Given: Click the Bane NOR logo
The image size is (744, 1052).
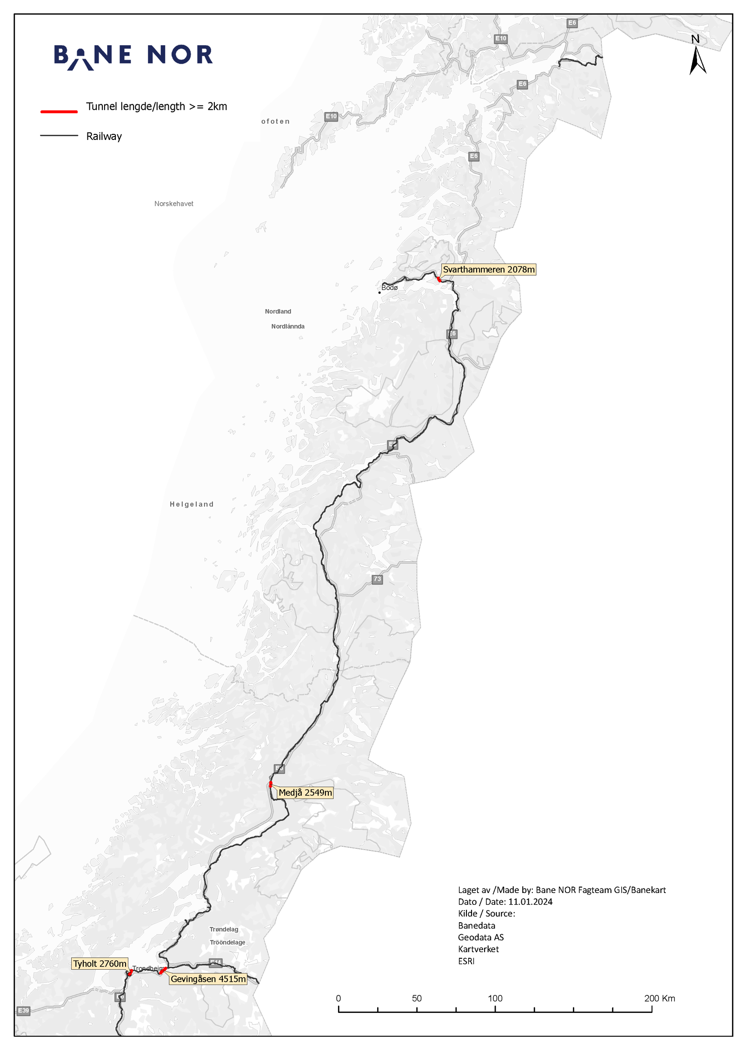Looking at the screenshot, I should (x=133, y=56).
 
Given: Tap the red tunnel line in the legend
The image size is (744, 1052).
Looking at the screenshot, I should (x=59, y=112).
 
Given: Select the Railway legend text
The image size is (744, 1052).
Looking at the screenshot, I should (x=104, y=136).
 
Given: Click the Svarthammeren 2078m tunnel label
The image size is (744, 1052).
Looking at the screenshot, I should (x=488, y=270).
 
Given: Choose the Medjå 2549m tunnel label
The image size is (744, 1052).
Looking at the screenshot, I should (x=305, y=793).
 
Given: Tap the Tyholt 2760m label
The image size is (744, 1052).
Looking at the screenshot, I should (x=100, y=964).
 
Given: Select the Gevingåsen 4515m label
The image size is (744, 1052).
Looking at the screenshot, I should (x=208, y=979).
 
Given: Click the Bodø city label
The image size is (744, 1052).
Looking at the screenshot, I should (x=389, y=288).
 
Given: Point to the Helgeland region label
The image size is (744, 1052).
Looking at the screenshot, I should (x=192, y=504).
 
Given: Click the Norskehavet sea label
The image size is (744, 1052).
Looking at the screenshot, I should (x=173, y=204).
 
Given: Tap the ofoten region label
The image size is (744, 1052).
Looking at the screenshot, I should (x=275, y=121).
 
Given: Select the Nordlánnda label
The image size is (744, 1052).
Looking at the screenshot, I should (x=288, y=326).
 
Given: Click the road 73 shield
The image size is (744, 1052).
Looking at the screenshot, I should (x=377, y=579).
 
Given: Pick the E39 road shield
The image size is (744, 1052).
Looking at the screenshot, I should (x=23, y=1011).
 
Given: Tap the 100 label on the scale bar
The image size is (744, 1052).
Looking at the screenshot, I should (x=495, y=998).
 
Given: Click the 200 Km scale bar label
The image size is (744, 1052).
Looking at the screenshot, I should (x=659, y=998).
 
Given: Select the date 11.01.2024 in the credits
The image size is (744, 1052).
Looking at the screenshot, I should (x=530, y=902).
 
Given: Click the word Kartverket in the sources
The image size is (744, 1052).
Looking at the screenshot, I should (x=478, y=949).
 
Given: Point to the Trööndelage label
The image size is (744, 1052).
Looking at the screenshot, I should (x=227, y=942).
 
